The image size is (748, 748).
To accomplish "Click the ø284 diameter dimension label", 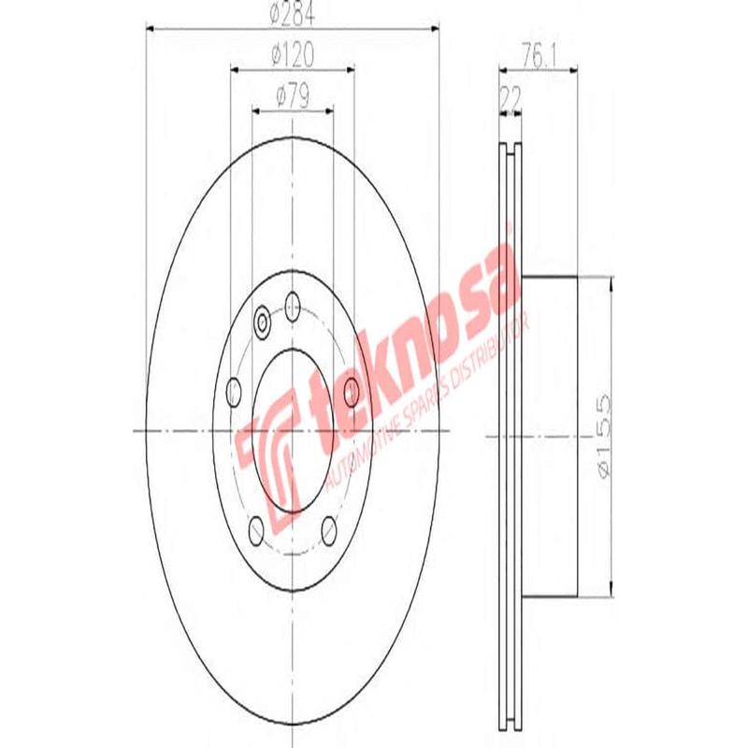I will (x=292, y=14).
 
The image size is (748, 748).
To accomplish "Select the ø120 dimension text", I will (x=292, y=56).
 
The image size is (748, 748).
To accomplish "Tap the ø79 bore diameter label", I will (x=292, y=94).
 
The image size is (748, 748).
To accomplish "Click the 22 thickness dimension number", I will (x=511, y=95).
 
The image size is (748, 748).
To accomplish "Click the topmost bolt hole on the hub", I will (x=293, y=302).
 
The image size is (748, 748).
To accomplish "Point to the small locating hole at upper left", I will (x=263, y=323).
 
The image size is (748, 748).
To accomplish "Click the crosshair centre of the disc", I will (x=293, y=431).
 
